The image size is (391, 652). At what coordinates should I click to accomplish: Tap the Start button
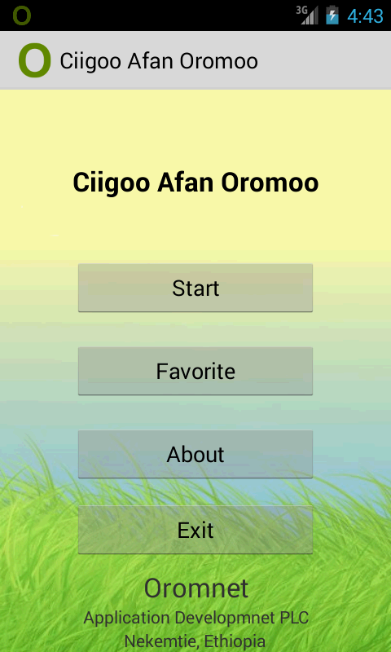point(195,288)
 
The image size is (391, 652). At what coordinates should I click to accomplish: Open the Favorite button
point(195,371)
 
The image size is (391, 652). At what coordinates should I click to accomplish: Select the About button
point(195,454)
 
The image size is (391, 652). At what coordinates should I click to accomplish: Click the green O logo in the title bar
point(34,60)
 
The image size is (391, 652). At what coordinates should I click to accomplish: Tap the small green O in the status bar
point(22,15)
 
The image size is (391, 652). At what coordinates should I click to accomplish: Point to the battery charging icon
point(332,15)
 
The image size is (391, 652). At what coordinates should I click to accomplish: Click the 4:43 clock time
point(365,16)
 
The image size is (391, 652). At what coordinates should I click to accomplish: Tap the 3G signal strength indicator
point(307,15)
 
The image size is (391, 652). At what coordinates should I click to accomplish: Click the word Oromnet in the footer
point(195,588)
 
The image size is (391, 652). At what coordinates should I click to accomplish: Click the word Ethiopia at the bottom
point(235,641)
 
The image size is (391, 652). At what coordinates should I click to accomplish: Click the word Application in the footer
point(127,619)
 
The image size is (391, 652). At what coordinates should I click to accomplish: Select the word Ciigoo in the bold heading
point(112,183)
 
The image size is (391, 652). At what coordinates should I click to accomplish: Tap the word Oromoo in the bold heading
point(270,183)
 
